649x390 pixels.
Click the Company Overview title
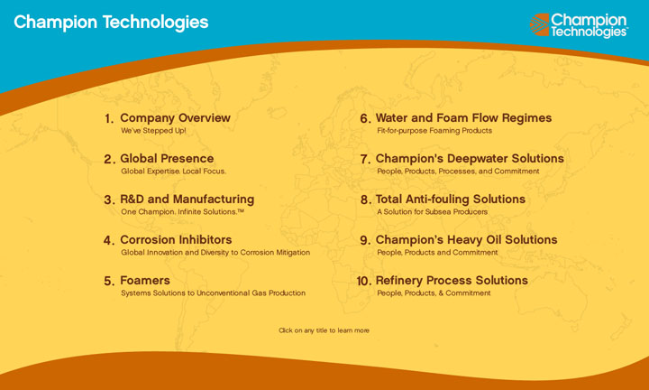point(175,118)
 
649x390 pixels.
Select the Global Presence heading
point(167,158)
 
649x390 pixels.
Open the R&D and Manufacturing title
point(187,199)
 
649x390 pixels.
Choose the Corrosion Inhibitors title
point(176,239)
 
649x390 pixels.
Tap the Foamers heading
point(145,280)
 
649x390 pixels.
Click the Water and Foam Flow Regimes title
point(463,118)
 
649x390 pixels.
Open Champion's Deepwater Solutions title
point(470,158)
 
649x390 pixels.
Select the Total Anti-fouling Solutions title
point(451,199)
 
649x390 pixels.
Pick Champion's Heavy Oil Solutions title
point(467,239)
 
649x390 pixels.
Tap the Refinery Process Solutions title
point(452,280)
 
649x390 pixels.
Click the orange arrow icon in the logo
point(539,24)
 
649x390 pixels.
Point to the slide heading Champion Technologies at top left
point(111,23)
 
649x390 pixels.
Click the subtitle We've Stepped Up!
point(153,131)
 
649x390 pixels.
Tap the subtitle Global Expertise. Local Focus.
point(173,172)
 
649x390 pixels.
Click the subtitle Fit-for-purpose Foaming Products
point(434,131)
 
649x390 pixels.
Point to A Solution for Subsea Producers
point(432,212)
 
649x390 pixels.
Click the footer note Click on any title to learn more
point(324,330)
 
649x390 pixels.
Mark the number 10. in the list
point(364,281)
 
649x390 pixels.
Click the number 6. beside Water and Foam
point(365,118)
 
